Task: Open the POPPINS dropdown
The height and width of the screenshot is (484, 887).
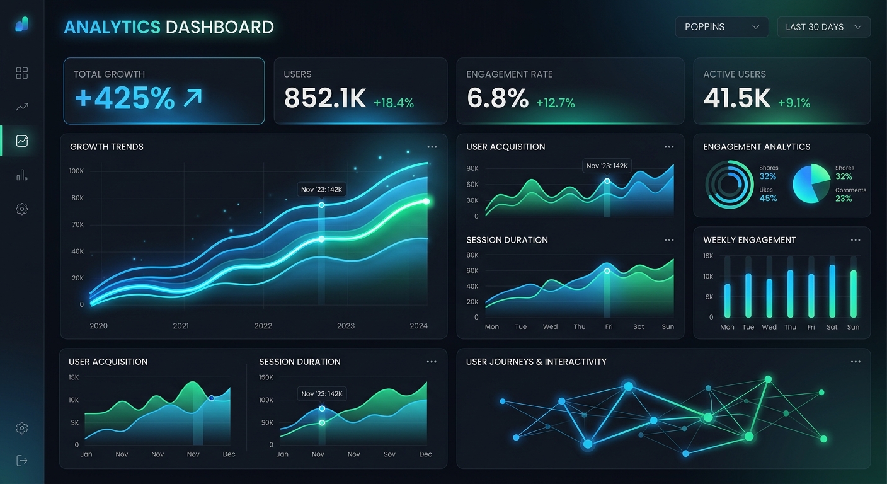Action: tap(721, 27)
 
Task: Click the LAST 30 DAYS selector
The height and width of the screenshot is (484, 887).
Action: tap(823, 27)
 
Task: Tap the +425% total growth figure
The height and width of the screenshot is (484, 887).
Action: tap(125, 98)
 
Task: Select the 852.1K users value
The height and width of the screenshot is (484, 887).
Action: tap(325, 98)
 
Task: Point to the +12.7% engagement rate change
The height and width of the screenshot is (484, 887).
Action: tap(555, 103)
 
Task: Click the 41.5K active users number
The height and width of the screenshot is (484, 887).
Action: tap(737, 98)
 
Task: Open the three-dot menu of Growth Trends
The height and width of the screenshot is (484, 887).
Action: tap(432, 147)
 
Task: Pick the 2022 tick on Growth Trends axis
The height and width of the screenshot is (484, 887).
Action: tap(263, 326)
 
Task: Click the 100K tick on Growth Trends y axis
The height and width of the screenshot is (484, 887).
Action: tap(77, 171)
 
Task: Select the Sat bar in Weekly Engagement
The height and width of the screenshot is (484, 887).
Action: tap(832, 291)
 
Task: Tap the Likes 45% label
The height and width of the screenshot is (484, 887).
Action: tap(768, 195)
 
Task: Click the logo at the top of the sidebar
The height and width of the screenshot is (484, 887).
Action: tap(22, 25)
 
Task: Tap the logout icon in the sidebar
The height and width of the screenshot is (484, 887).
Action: tap(22, 460)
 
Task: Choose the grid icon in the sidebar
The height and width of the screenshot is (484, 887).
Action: tap(22, 73)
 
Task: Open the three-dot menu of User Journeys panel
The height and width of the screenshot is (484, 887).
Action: tap(855, 362)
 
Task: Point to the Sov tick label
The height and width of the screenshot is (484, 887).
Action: tap(390, 454)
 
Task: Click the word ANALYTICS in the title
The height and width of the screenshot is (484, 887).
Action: tap(112, 27)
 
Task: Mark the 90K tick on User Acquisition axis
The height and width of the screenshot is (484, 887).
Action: tap(472, 169)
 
